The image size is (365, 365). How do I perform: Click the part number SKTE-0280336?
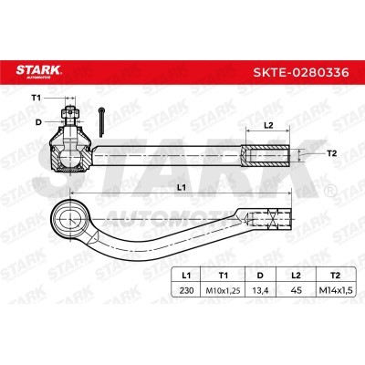(301, 73)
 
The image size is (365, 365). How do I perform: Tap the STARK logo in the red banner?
(39, 71)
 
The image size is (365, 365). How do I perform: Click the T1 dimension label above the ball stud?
(36, 98)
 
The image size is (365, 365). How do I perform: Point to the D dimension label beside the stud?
(38, 122)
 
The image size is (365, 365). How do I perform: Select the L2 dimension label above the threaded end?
(268, 125)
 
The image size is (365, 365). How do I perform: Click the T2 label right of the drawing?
(332, 153)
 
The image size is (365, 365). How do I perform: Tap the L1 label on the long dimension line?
(182, 188)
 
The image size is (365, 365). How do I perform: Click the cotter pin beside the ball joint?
(101, 122)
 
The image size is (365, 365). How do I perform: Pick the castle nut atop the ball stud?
(70, 113)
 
